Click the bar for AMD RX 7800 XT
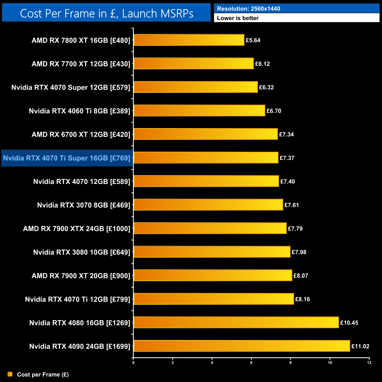point(189,40)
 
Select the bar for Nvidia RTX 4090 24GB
point(242,346)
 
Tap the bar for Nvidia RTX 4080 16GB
point(236,322)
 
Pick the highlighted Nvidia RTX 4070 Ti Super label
point(67,158)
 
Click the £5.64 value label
point(253,40)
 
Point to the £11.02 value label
point(360,346)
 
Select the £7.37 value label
point(287,158)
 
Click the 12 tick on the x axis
point(369,363)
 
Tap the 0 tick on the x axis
point(133,363)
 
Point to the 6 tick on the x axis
point(251,363)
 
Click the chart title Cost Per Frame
point(106,13)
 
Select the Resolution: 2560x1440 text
point(249,9)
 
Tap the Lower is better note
point(238,18)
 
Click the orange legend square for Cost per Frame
point(10,374)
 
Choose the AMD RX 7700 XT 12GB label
point(81,64)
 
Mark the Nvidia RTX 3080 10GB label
point(81,252)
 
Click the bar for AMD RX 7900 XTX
point(210,228)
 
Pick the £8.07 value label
point(301,276)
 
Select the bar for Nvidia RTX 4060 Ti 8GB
point(199,110)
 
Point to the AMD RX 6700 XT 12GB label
point(81,134)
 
